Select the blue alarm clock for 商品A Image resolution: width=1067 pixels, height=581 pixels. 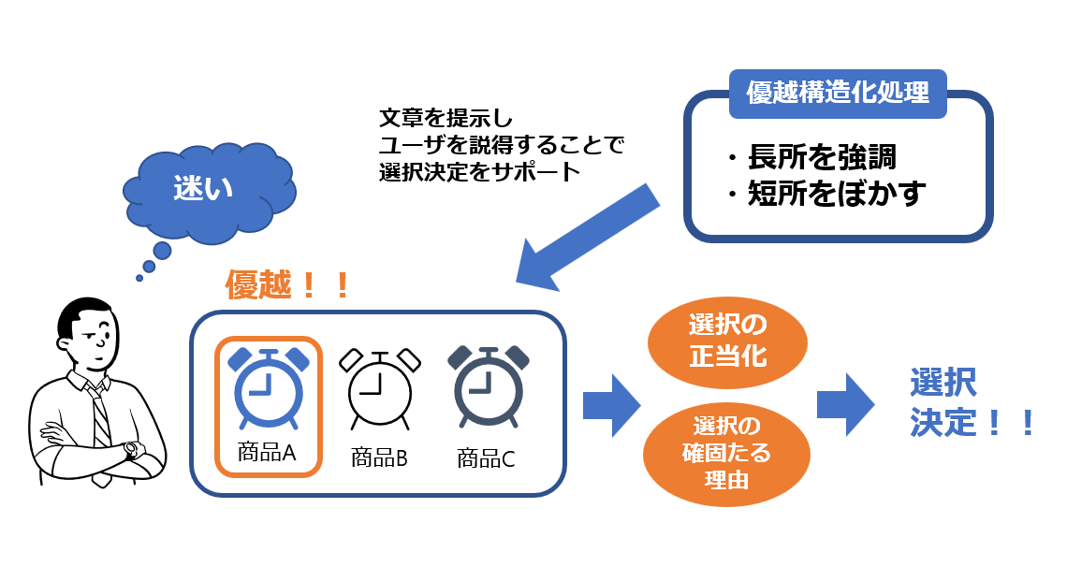(x=269, y=387)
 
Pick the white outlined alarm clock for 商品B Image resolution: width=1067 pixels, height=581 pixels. (x=379, y=391)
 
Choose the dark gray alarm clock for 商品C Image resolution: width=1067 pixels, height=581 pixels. (x=487, y=390)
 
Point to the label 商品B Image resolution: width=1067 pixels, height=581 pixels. (x=379, y=458)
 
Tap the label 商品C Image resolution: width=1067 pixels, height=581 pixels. (x=486, y=458)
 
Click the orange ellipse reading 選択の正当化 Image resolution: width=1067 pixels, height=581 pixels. (x=727, y=341)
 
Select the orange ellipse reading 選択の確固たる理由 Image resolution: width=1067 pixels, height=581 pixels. (x=726, y=453)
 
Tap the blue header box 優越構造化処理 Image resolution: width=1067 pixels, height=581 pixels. (x=837, y=94)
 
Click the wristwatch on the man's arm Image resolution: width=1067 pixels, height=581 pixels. (x=130, y=450)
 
